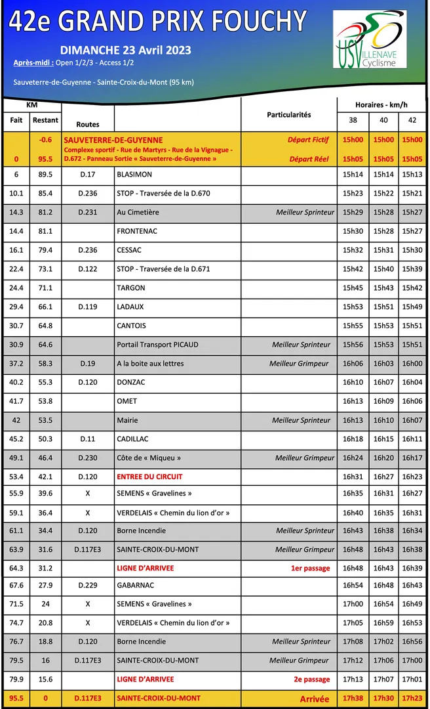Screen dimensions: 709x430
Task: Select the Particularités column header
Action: (289, 115)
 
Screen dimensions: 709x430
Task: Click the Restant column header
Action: (45, 120)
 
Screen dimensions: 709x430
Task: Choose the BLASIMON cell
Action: (134, 175)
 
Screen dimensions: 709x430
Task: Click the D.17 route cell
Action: (87, 175)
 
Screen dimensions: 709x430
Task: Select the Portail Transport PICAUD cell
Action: (157, 345)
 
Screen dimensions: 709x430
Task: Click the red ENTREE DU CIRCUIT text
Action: (149, 477)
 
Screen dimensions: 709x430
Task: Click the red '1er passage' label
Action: (311, 568)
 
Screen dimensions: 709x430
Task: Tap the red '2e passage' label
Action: (312, 679)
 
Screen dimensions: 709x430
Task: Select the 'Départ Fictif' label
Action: (308, 140)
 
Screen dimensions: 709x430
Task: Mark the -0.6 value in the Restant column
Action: (45, 140)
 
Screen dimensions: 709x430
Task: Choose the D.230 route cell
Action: (87, 458)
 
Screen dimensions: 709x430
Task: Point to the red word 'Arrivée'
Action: (315, 699)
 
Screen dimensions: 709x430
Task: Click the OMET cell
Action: (127, 401)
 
